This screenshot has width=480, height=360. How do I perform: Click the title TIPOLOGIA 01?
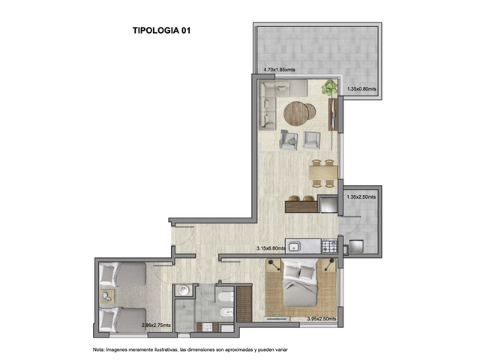coord(161,30)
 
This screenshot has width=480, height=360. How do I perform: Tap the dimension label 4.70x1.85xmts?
coord(279,70)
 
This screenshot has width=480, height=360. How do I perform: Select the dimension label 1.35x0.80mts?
coord(361,89)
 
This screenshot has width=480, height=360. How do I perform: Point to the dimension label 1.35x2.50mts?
coord(361,196)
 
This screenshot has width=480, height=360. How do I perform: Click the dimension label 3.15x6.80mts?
coord(271,248)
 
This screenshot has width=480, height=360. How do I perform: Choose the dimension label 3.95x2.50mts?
coord(322,319)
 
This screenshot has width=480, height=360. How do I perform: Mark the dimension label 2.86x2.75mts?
coord(156,325)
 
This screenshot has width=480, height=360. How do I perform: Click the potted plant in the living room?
coord(329,88)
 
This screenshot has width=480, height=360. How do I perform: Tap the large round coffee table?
coord(296,113)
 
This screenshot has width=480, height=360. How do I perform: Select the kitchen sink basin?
coord(295,247)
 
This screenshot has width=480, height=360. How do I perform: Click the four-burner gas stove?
coord(330,246)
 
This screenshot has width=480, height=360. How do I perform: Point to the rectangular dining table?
coord(323,173)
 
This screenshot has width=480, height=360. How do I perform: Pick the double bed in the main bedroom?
coord(300,283)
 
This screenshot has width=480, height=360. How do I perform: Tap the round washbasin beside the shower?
coord(184,290)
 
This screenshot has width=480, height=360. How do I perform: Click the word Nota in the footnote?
coord(97,349)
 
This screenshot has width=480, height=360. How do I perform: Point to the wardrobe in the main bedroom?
coord(244,304)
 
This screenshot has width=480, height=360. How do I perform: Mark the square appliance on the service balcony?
coord(356,247)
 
